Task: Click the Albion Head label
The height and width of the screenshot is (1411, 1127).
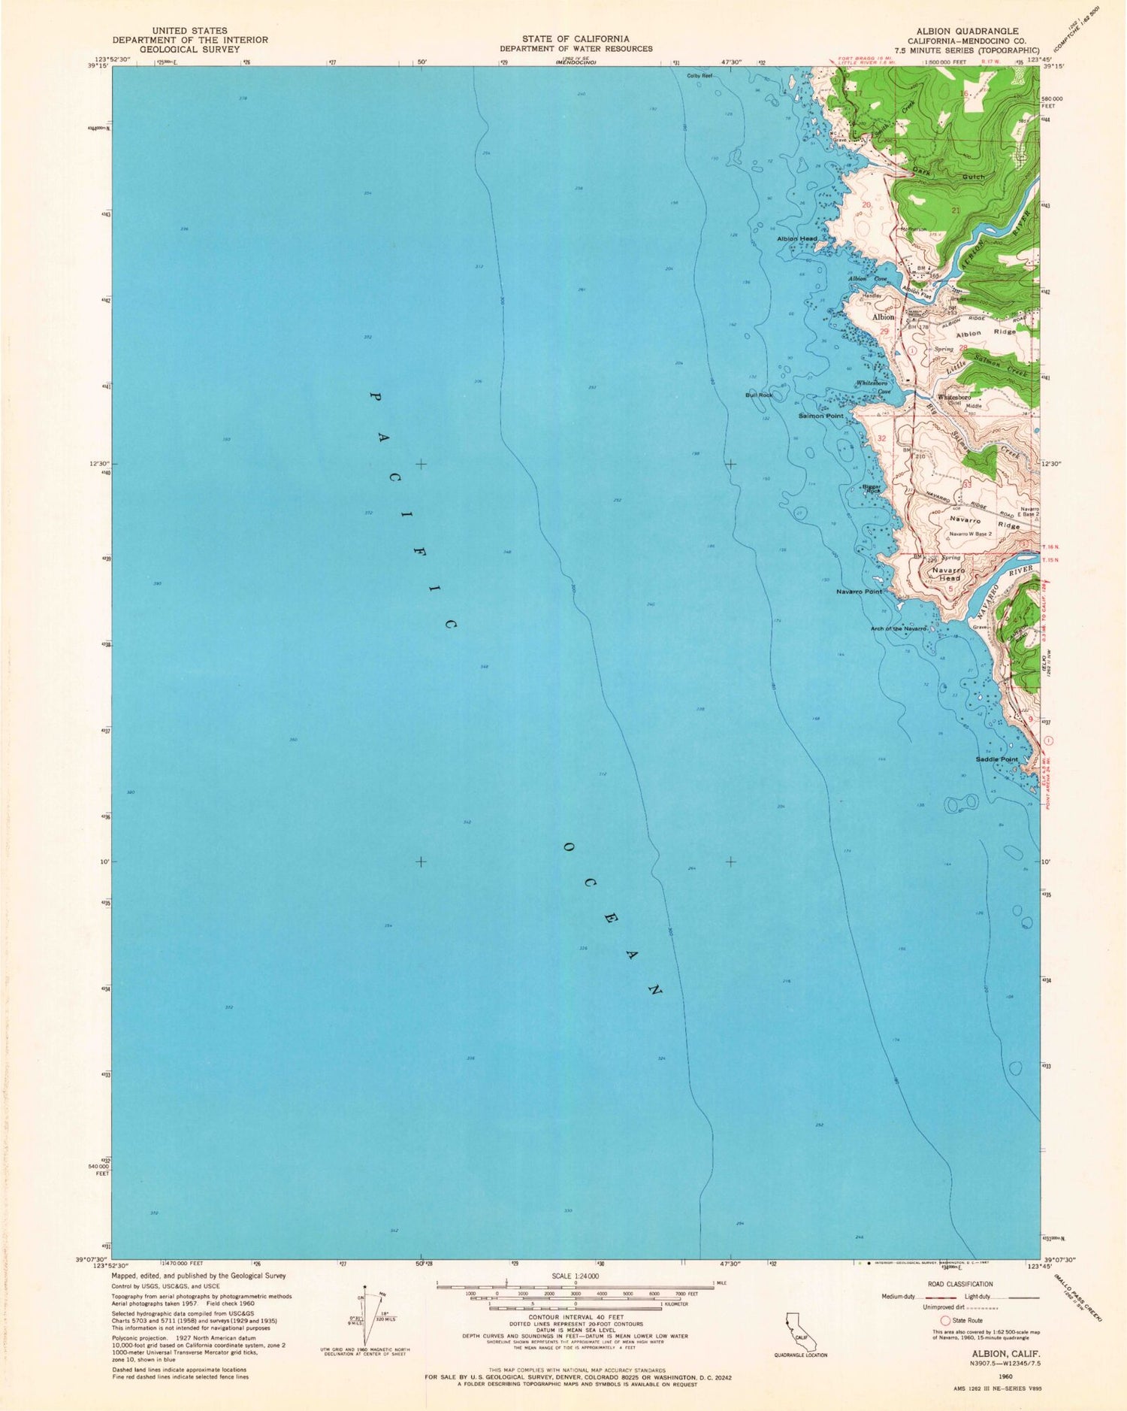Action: coord(796,239)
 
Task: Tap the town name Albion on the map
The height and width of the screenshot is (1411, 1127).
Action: coord(883,317)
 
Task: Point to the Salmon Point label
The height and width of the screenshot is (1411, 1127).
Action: coord(820,416)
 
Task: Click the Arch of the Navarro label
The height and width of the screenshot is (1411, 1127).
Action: coord(897,628)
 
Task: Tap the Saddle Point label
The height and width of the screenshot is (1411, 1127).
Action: coord(996,759)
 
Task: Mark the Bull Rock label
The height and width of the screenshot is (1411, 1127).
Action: coord(759,395)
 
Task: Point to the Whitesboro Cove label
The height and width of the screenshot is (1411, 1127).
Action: coord(874,387)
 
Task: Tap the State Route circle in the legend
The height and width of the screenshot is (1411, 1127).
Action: coord(946,1320)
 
